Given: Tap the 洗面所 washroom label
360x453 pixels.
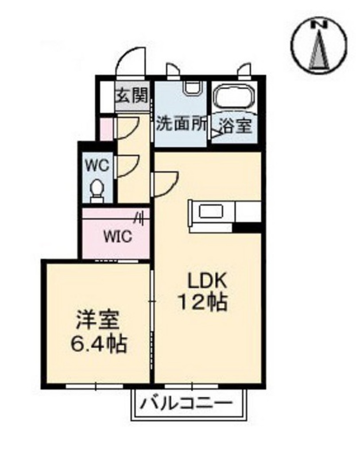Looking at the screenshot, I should (x=181, y=125).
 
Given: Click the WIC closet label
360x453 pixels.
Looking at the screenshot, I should (x=118, y=237).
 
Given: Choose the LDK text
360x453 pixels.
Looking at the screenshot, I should (x=207, y=280).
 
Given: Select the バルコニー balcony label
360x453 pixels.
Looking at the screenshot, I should (x=187, y=403).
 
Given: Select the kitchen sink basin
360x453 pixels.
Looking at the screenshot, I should (x=210, y=212).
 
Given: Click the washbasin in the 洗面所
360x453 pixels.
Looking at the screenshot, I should (x=193, y=88).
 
